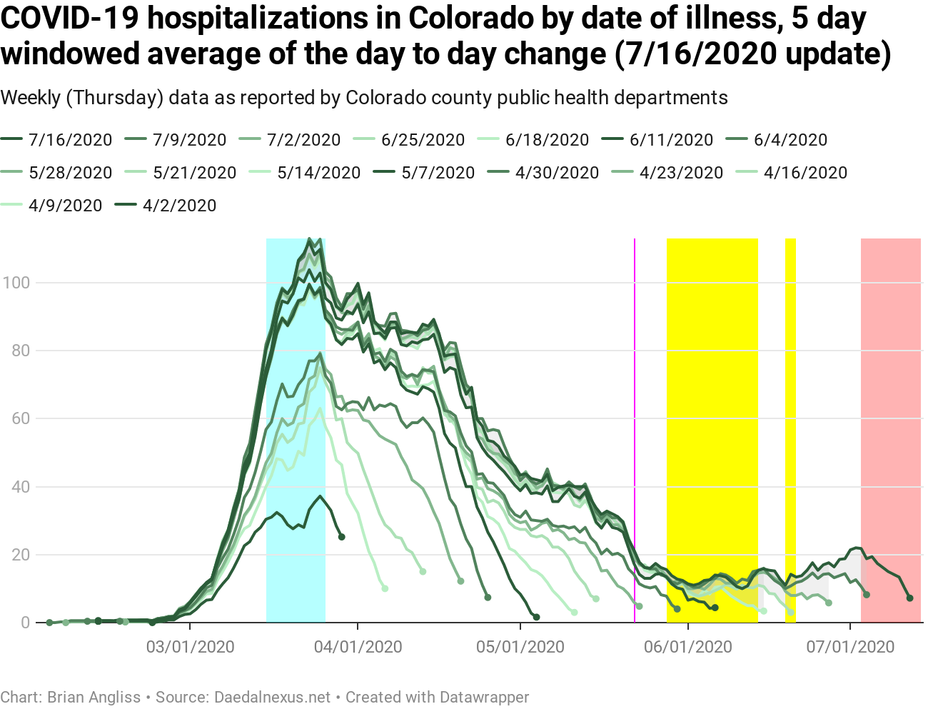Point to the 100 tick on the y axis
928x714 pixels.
[x=16, y=283]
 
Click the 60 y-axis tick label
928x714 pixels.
[x=20, y=418]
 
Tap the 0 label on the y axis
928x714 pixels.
[x=26, y=623]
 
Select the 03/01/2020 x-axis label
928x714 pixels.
[x=190, y=647]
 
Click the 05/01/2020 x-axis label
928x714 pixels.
[x=520, y=647]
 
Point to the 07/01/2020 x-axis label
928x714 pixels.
[x=850, y=647]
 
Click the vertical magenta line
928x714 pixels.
[x=635, y=428]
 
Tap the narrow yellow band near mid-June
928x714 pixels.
[x=790, y=428]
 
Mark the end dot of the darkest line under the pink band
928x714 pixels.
[x=909, y=598]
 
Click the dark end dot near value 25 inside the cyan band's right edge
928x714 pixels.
[x=341, y=537]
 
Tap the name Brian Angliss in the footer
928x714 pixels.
[x=94, y=697]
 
